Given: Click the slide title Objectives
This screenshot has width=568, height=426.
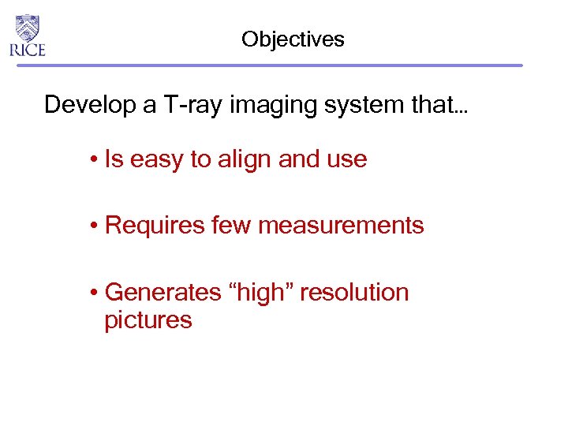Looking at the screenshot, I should click(293, 39).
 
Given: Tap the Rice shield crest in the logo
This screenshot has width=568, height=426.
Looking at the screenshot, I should click(28, 28).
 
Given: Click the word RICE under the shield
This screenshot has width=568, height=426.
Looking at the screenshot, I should click(28, 50).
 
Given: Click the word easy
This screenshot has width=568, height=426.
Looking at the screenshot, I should click(156, 160).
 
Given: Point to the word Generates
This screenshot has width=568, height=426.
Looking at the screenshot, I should click(163, 293).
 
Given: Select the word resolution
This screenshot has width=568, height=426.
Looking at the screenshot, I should click(354, 293).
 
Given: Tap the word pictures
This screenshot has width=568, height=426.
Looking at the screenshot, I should click(148, 320).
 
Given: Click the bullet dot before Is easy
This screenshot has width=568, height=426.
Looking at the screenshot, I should click(93, 160).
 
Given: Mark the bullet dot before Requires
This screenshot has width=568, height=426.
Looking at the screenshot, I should click(93, 226).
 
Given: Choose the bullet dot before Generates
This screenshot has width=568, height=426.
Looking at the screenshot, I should click(93, 293).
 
